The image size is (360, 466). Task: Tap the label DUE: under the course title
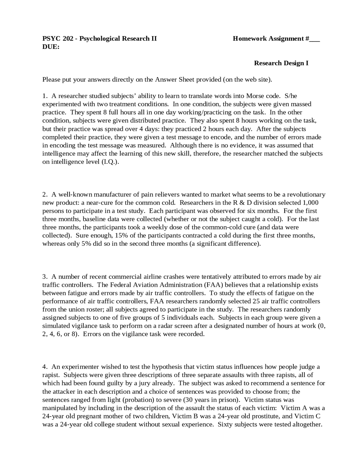[x=51, y=47]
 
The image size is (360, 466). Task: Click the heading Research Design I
[x=281, y=63]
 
